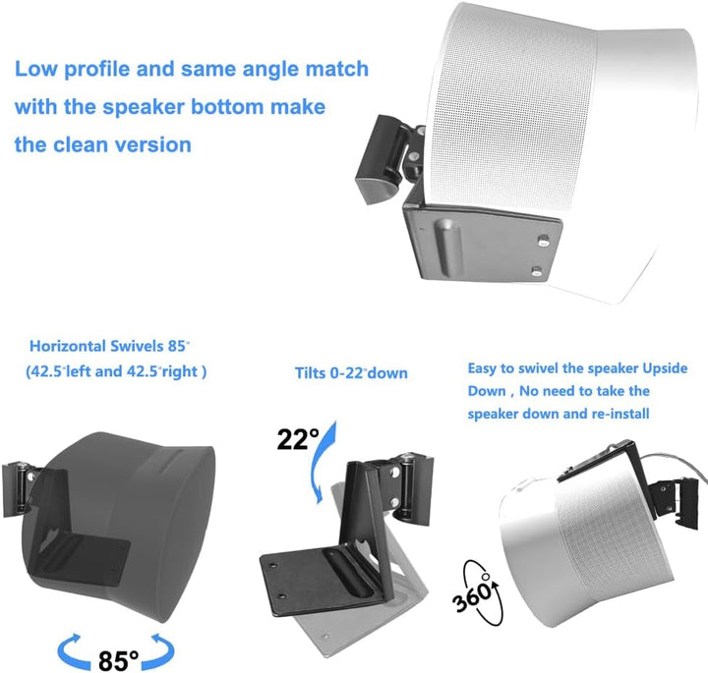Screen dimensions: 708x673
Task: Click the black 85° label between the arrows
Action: point(118,660)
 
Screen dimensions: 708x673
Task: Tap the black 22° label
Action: point(298,438)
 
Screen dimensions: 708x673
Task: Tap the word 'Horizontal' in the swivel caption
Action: point(67,346)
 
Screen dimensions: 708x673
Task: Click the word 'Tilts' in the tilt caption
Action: point(310,373)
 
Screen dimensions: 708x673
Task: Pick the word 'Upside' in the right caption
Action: point(665,368)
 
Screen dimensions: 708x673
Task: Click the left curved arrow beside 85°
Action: point(75,651)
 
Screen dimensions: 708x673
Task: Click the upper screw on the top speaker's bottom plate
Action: point(544,240)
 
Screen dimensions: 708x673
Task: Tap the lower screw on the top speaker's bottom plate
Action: point(537,271)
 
